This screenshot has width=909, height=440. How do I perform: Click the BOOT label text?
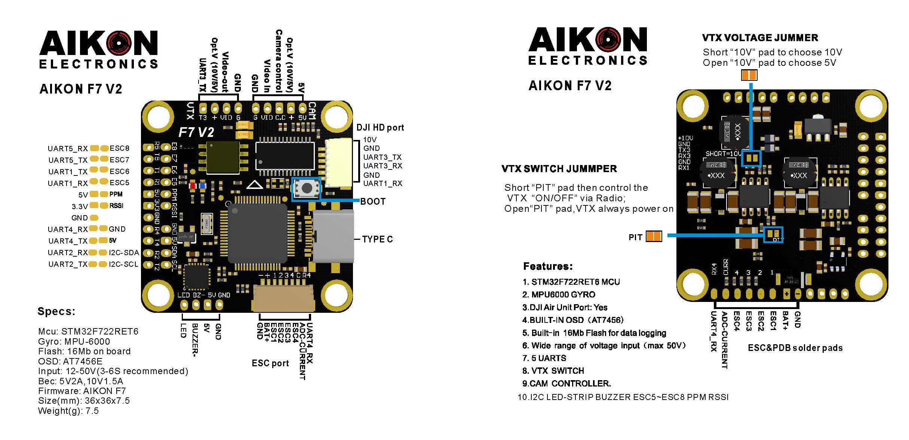[x=372, y=202]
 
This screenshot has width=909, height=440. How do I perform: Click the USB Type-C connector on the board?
[x=333, y=236]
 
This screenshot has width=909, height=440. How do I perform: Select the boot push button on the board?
[x=306, y=188]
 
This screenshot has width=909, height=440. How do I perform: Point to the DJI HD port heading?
[x=380, y=128]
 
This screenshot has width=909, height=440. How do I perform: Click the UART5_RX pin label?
[x=67, y=149]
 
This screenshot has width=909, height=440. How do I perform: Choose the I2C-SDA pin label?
[x=124, y=253]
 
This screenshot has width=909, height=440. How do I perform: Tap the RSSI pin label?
[x=116, y=206]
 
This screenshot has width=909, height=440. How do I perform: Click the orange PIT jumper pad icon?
[x=654, y=236]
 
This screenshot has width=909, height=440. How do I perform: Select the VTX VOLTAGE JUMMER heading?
[x=760, y=38]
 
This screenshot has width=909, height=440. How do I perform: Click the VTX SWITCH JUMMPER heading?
[x=559, y=169]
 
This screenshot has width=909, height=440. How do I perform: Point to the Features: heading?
[x=548, y=266]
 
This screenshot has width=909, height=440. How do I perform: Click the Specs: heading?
[x=56, y=312]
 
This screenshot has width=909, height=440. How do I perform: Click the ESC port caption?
[x=270, y=363]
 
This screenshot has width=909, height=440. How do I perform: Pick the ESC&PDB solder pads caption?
[x=795, y=348]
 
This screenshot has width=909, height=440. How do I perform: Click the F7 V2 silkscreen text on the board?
[x=196, y=132]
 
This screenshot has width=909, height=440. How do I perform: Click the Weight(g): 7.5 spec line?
[x=68, y=411]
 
